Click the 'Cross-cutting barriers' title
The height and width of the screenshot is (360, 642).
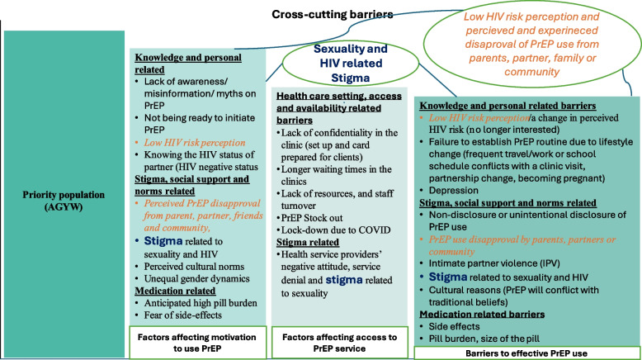pos(332,15)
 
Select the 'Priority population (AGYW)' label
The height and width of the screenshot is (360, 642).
pos(64,201)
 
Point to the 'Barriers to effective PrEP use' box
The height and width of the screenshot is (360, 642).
pos(526,353)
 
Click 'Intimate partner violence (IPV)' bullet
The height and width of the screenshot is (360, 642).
pos(494,263)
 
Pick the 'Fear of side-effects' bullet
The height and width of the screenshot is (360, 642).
pos(182,315)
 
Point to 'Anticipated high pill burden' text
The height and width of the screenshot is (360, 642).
pos(201,303)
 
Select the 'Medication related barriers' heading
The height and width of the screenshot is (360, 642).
pos(482,314)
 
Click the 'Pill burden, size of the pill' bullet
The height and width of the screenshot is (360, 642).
pos(484,339)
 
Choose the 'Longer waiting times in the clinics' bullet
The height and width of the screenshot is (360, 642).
pos(336,175)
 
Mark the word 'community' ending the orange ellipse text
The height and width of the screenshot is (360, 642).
pos(531,72)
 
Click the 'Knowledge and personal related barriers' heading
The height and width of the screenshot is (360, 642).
pos(507,106)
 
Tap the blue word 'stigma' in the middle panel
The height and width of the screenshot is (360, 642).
pos(344,280)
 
